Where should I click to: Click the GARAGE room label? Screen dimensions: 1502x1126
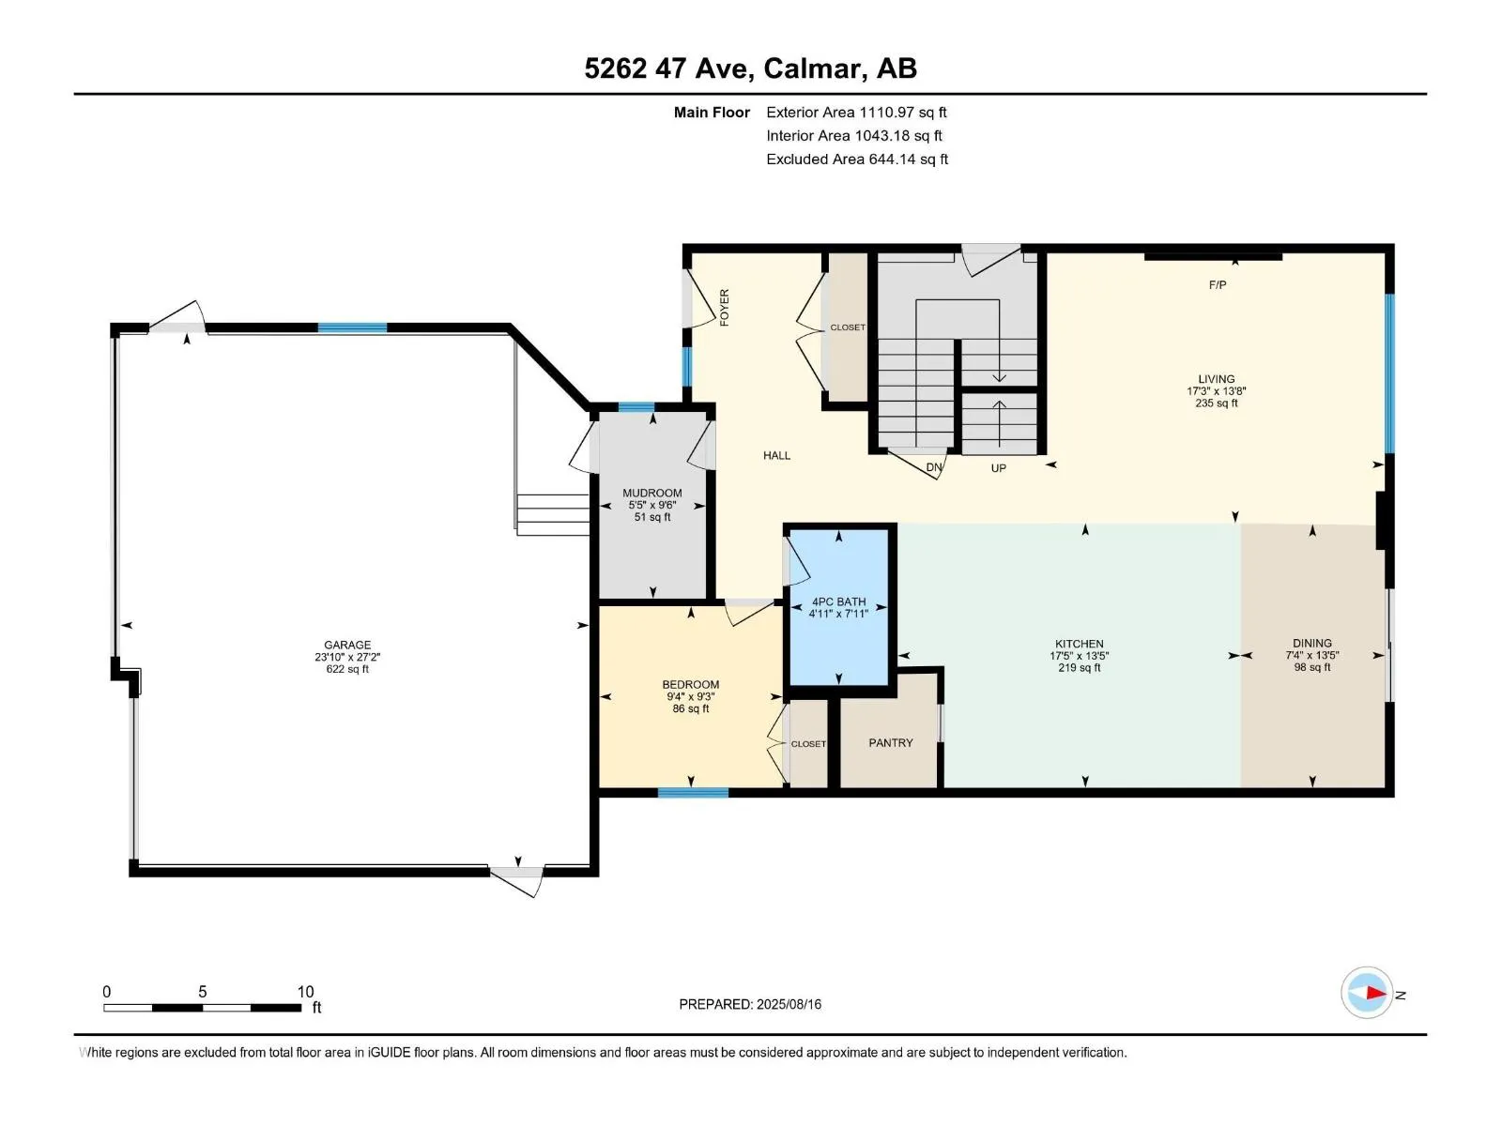[347, 645]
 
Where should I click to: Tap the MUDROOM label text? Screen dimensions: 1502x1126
[651, 493]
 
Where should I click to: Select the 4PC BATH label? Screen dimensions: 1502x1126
[838, 601]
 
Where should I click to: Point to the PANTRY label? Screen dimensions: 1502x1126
[890, 742]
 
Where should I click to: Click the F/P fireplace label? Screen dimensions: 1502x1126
[1217, 285]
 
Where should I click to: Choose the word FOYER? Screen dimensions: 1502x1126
[724, 308]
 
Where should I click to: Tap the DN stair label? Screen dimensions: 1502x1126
[933, 467]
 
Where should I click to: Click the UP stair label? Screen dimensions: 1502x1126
[999, 468]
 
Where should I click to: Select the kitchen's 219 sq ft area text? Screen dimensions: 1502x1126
[1080, 667]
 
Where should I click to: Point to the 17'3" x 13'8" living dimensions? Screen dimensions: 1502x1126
[1216, 391]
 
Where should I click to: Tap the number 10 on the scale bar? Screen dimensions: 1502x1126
[305, 991]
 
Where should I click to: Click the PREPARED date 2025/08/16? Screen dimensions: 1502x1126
[789, 1004]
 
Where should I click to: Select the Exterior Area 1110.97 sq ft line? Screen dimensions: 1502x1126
[856, 112]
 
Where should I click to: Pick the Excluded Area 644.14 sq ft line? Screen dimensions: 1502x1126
[857, 160]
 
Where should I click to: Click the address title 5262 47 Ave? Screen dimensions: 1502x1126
[668, 68]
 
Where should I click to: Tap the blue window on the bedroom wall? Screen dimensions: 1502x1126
[693, 792]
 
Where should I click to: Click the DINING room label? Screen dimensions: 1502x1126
[1311, 644]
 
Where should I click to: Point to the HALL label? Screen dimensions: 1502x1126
[776, 455]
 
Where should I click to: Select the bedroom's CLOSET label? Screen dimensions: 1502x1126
[808, 744]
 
